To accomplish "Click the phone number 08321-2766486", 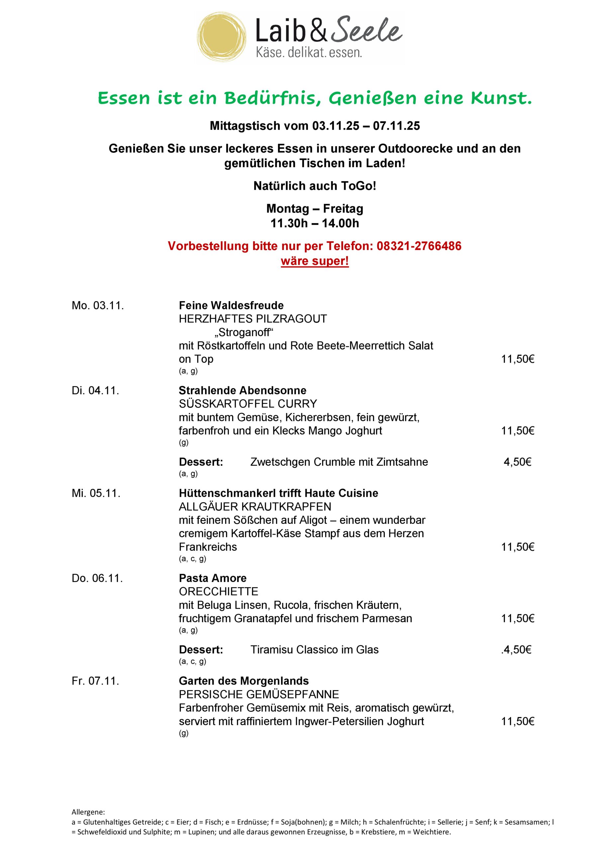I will pyautogui.click(x=419, y=246).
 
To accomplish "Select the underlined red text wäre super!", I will pyautogui.click(x=315, y=261).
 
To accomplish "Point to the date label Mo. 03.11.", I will pyautogui.click(x=98, y=305).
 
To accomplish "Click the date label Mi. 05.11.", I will pyautogui.click(x=96, y=493).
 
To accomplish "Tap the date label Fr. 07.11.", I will pyautogui.click(x=95, y=681).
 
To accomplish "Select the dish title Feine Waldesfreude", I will pyautogui.click(x=231, y=305).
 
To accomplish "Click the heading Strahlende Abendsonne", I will pyautogui.click(x=242, y=390).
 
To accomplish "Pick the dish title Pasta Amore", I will pyautogui.click(x=213, y=578).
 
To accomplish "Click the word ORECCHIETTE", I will pyautogui.click(x=218, y=592).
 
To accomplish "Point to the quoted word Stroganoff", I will pyautogui.click(x=244, y=332).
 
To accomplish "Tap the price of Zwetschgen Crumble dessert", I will pyautogui.click(x=517, y=462).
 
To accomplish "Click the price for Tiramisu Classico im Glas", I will pyautogui.click(x=517, y=650).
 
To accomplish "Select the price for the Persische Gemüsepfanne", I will pyautogui.click(x=517, y=721).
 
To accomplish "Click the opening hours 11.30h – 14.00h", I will pyautogui.click(x=315, y=223).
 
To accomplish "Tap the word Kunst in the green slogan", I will pyautogui.click(x=501, y=98).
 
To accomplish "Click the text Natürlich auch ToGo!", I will pyautogui.click(x=315, y=186).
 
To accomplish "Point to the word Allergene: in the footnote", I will pyautogui.click(x=88, y=812).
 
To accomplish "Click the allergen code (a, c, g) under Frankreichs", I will pyautogui.click(x=192, y=558).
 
